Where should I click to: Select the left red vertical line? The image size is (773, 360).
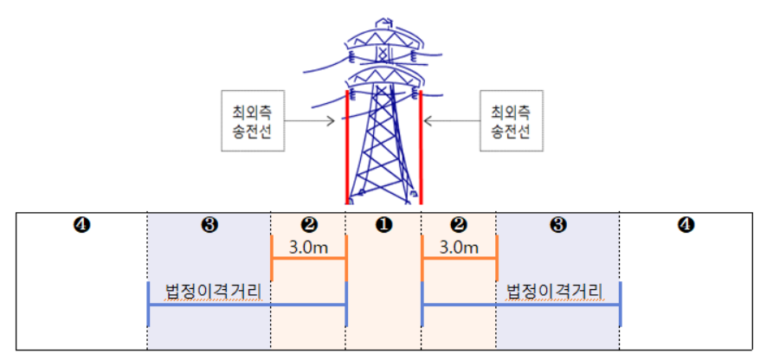(347, 147)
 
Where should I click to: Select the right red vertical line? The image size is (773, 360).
(421, 147)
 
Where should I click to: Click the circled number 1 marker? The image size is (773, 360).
(383, 226)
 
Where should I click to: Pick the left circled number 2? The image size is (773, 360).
(309, 226)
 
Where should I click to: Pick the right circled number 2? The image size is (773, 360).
(459, 226)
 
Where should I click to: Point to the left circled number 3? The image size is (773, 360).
(209, 226)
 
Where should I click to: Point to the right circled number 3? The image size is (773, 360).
(558, 226)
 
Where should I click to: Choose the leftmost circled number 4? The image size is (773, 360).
(81, 226)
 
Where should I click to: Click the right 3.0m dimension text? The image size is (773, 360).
(459, 247)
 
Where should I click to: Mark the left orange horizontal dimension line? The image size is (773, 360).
(309, 259)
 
